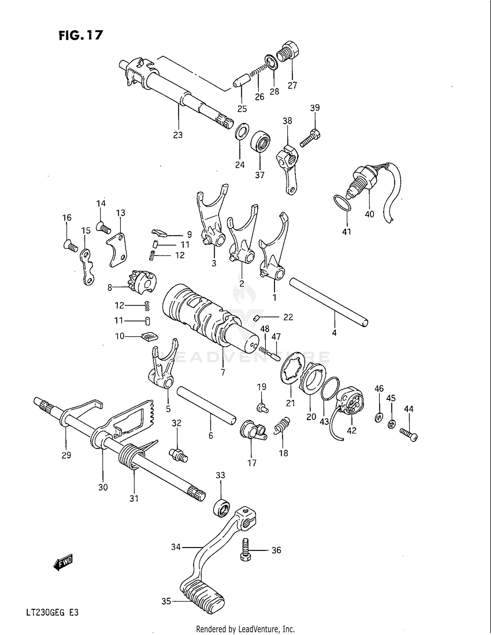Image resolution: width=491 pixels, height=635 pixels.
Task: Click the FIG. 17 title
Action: (x=81, y=35)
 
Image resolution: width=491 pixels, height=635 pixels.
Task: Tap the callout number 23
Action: (x=178, y=135)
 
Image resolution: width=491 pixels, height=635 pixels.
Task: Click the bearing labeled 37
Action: (x=260, y=141)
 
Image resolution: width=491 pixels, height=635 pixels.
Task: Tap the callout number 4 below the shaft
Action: (x=334, y=333)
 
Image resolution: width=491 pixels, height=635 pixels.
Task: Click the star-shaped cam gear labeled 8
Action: (x=143, y=282)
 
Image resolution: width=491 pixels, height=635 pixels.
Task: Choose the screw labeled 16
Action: (x=70, y=245)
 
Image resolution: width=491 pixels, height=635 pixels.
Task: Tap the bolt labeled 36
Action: (x=246, y=551)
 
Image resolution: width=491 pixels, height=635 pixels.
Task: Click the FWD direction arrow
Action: (x=63, y=562)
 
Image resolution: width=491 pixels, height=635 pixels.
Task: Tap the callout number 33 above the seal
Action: (x=220, y=475)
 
